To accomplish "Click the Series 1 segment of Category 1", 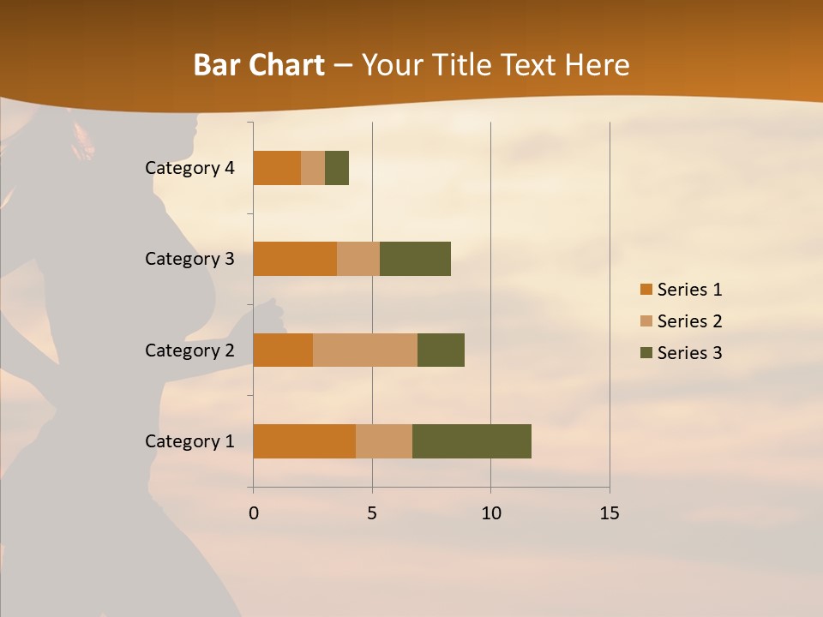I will point(304,441).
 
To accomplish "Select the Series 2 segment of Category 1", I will point(384,441).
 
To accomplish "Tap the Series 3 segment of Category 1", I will point(472,441).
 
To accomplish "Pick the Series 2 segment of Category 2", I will point(365,350).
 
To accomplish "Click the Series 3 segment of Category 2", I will point(441,350).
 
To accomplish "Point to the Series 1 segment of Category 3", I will point(295,259).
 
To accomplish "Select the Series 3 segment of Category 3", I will point(415,259).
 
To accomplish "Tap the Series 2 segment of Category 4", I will point(313,168).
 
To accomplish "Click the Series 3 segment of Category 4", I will point(337,168).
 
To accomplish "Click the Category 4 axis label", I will point(189,168).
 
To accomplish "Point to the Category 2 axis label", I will point(189,350).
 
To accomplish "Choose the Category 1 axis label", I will point(189,441).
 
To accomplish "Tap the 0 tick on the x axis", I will point(254,513).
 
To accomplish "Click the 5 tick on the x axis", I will point(372,513).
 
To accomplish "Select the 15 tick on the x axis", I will point(609,513).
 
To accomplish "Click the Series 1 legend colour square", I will point(646,290).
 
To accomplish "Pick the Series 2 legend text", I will point(689,321).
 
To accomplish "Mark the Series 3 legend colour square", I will point(646,353).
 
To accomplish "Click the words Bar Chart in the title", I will point(259,65).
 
